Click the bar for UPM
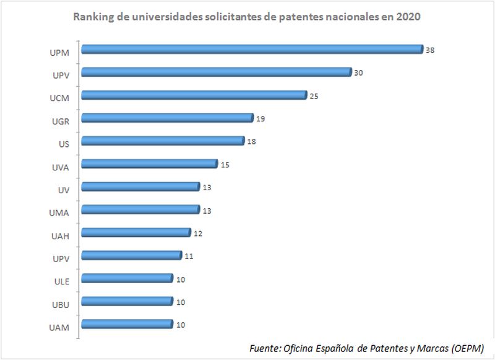pos(251,50)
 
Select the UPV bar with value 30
pos(216,72)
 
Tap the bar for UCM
pos(194,95)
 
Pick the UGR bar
pos(167,118)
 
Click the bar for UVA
pos(149,164)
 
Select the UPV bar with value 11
pos(131,255)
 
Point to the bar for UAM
pos(127,324)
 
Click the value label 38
pos(430,50)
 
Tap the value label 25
pos(314,96)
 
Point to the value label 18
pos(252,142)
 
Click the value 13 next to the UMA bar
pos(207,211)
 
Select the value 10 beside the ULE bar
pos(181,279)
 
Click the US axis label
pos(64,144)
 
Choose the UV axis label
pos(64,190)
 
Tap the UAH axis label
pos(61,235)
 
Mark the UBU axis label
pos(61,304)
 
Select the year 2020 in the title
pos(408,17)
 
